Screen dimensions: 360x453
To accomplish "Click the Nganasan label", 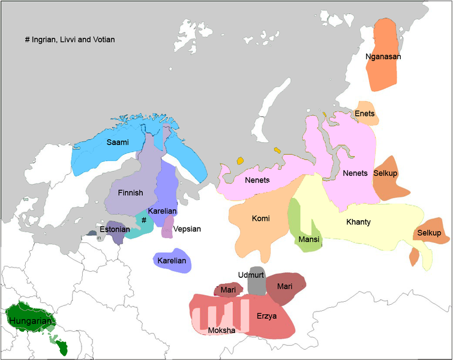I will coord(383,57).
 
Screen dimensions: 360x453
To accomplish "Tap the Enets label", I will coord(365,114).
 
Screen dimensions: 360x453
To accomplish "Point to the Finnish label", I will coord(131,193).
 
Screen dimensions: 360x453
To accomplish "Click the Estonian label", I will coord(115,229).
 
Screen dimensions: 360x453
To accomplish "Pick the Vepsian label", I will coord(187,229).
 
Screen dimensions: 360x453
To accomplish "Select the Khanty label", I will coord(358,222).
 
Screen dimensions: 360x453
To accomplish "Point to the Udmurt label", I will coord(251,275).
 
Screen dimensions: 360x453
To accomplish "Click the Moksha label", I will coord(221,331).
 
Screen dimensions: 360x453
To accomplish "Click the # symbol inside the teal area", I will coord(144,220).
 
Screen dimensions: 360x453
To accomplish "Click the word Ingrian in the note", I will coord(45,40).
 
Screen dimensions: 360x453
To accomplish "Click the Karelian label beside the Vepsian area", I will coord(162,211).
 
